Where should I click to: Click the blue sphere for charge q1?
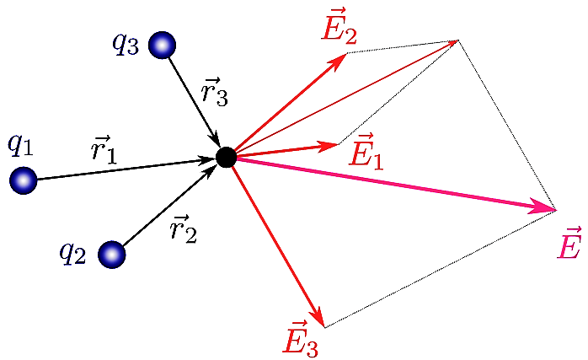[23, 180]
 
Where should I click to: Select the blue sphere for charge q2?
[111, 254]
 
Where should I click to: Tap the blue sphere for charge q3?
[162, 45]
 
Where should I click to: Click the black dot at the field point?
[226, 157]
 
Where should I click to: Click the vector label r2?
[183, 227]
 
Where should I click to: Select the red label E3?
[301, 337]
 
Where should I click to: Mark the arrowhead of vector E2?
[342, 56]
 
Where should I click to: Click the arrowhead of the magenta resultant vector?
[548, 207]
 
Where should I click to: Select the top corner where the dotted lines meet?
[457, 40]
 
